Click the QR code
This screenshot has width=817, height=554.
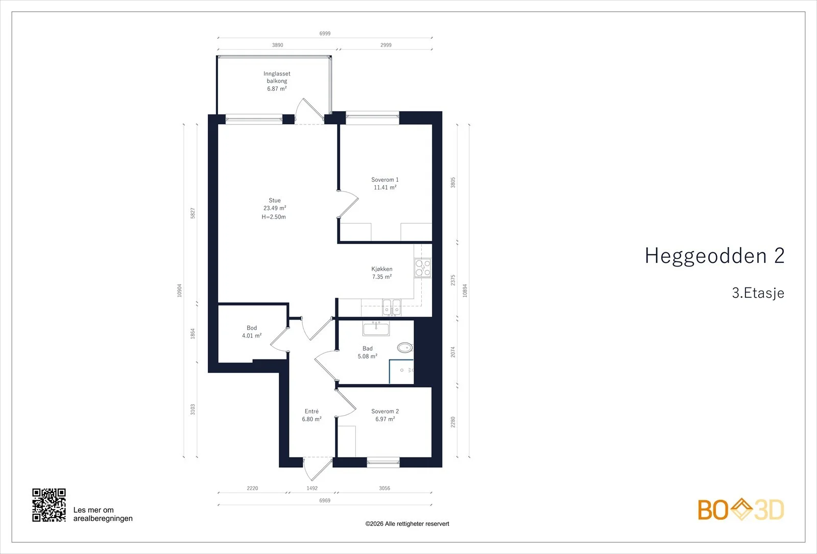tap(49, 505)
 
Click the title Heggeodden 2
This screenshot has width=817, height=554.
tap(714, 255)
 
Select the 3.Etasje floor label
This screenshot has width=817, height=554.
tap(758, 293)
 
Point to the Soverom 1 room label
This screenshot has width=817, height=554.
tap(385, 179)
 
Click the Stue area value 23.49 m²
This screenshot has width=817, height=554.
tap(275, 208)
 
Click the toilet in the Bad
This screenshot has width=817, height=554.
tap(405, 348)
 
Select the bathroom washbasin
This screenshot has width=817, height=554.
tap(376, 328)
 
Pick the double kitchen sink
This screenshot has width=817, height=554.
tap(391, 307)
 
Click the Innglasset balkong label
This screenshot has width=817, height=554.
tap(277, 77)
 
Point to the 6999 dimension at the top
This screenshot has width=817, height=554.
tap(325, 34)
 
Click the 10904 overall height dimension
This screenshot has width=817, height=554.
tap(179, 291)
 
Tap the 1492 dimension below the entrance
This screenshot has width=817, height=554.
tap(312, 488)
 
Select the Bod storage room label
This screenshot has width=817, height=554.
tap(252, 328)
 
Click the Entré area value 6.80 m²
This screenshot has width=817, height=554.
tap(311, 419)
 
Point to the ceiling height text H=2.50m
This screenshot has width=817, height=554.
tap(274, 217)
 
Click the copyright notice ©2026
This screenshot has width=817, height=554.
tap(407, 524)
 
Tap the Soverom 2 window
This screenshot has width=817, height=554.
tap(383, 463)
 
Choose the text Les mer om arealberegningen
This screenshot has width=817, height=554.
tap(103, 514)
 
